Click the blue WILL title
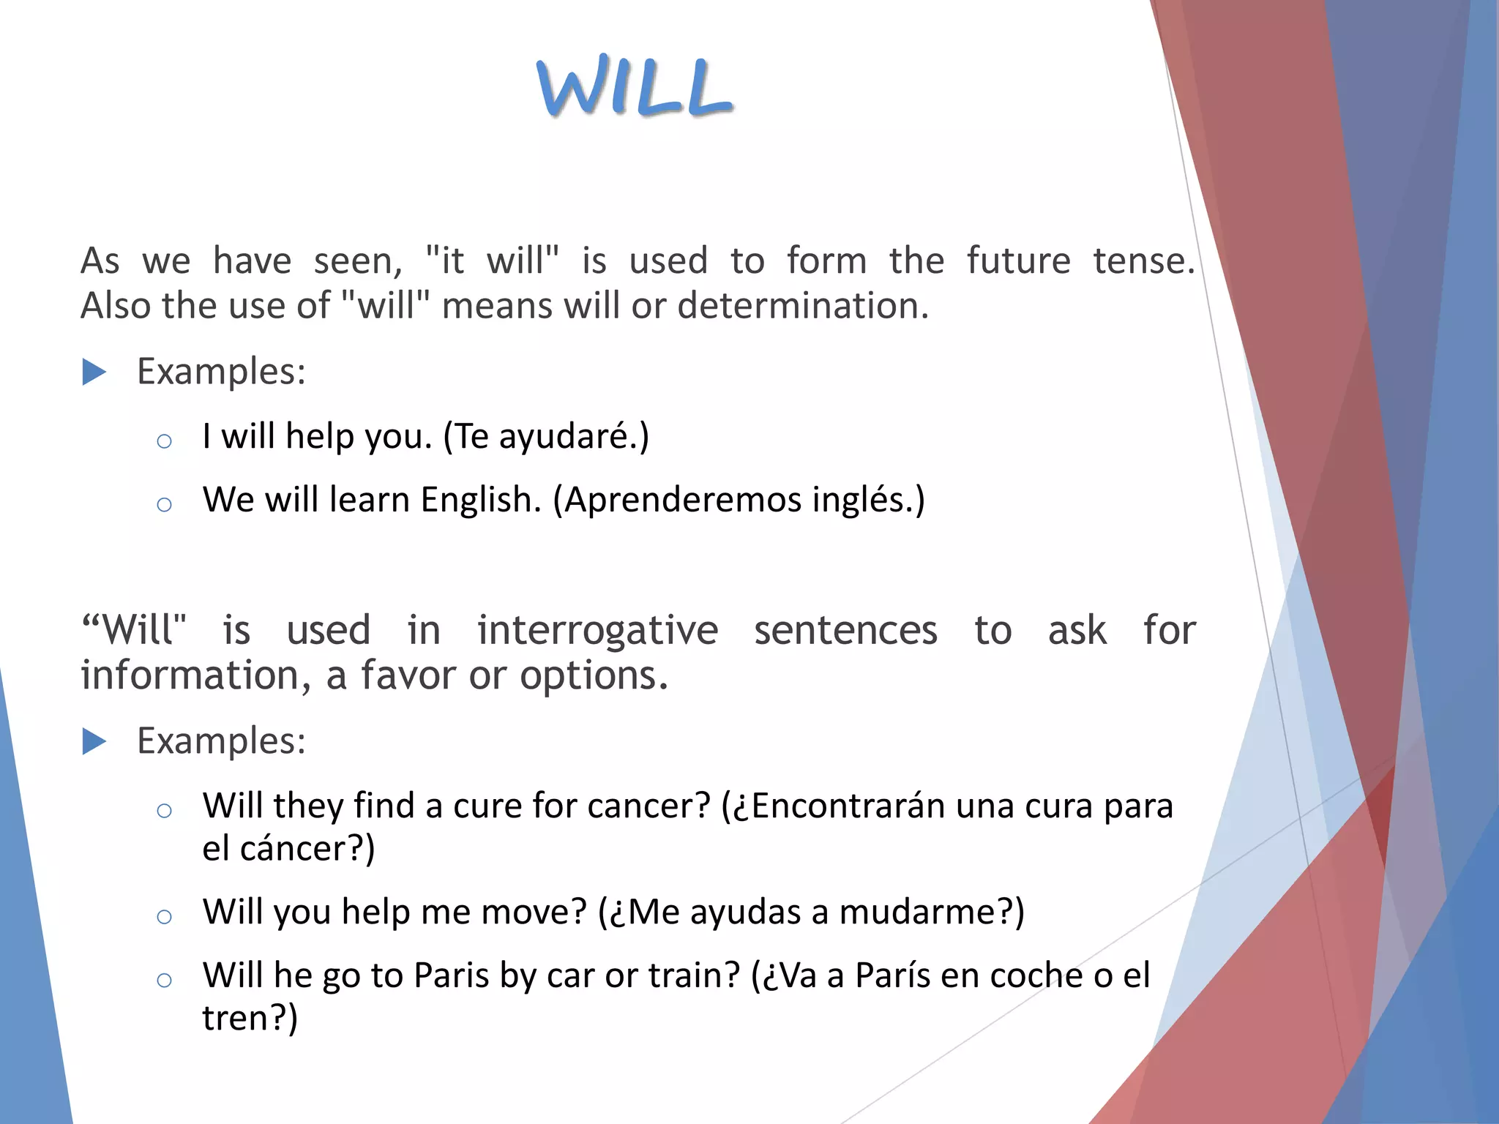pyautogui.click(x=635, y=87)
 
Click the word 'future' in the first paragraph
pyautogui.click(x=1018, y=261)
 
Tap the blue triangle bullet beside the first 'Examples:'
pyautogui.click(x=94, y=372)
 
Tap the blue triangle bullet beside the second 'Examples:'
pyautogui.click(x=94, y=742)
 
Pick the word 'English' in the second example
pyautogui.click(x=480, y=501)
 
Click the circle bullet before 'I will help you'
pyautogui.click(x=164, y=441)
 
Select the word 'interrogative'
pyautogui.click(x=597, y=631)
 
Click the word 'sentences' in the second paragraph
pyautogui.click(x=845, y=631)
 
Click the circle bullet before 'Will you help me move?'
pyautogui.click(x=164, y=917)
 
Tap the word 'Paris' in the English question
pyautogui.click(x=451, y=976)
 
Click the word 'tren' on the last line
pyautogui.click(x=237, y=1019)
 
